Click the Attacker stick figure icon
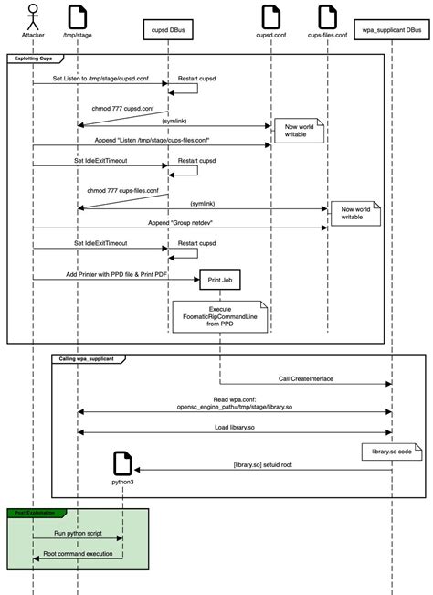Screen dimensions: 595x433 [x=33, y=16]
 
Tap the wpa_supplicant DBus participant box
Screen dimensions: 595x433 [x=391, y=31]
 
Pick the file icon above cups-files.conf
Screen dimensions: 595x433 [x=327, y=16]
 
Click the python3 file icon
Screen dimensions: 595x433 [x=122, y=462]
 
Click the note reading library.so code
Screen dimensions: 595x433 [x=390, y=451]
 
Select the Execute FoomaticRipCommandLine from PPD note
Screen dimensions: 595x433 [x=219, y=315]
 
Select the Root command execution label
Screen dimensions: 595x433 [x=78, y=553]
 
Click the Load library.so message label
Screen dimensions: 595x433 [x=235, y=425]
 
